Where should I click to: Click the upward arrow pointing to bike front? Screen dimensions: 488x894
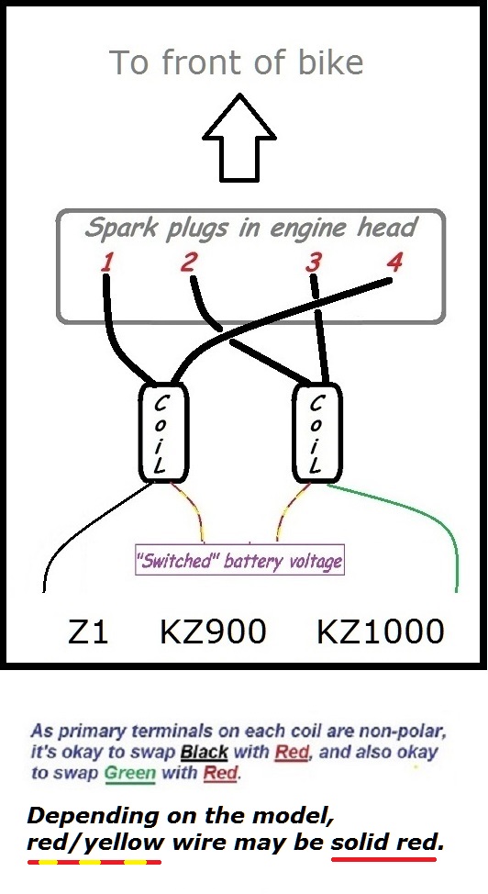pos(239,139)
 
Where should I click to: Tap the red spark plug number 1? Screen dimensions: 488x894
pos(107,263)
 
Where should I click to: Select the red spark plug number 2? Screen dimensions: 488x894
pos(189,262)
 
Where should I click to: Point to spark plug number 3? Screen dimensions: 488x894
pos(313,263)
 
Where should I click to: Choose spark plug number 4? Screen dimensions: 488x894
pos(394,262)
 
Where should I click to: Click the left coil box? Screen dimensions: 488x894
pos(163,433)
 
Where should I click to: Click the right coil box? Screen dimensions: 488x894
pos(317,433)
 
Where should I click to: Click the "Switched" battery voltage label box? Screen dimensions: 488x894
pos(239,560)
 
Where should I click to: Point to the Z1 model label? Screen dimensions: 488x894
pos(88,631)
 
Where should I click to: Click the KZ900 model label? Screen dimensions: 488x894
pos(213,631)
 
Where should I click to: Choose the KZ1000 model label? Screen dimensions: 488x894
pos(381,631)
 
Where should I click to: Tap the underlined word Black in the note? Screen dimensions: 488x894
pos(204,753)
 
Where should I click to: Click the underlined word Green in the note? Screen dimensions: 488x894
pos(129,773)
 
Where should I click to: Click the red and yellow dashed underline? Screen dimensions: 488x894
pos(94,862)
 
